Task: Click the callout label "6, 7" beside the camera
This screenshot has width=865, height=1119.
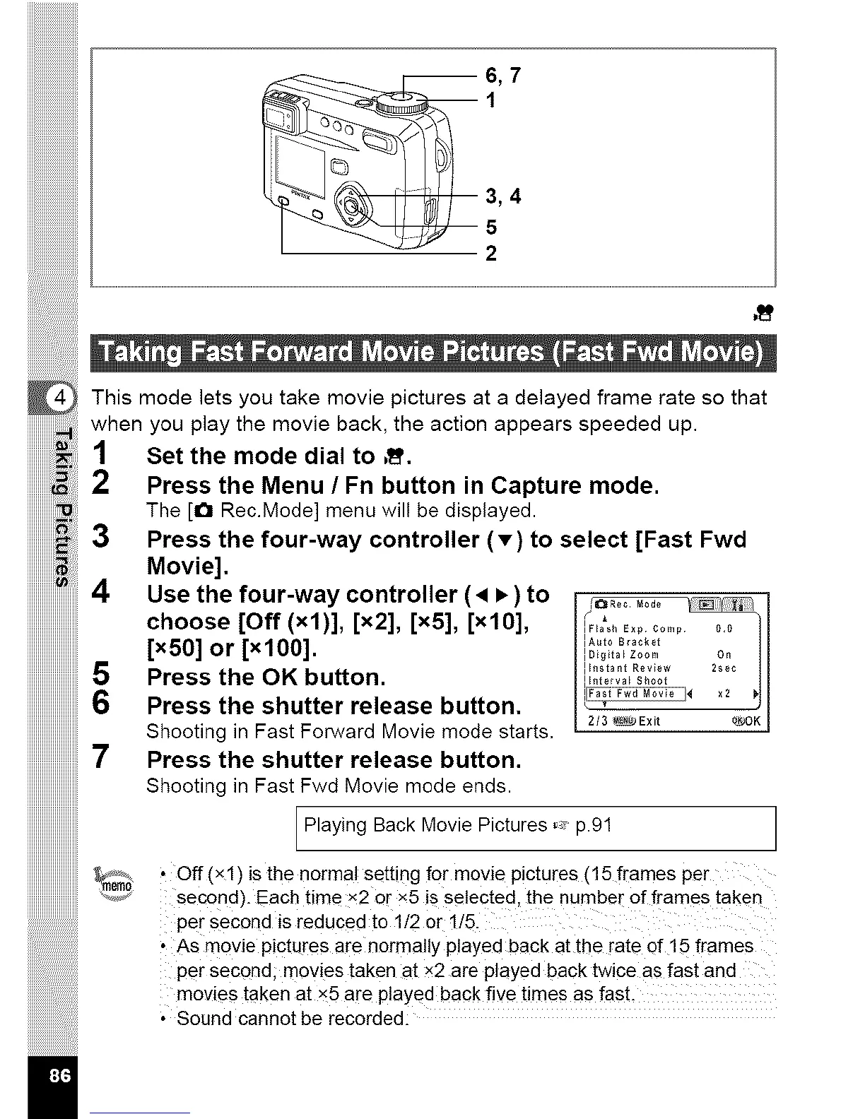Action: click(502, 75)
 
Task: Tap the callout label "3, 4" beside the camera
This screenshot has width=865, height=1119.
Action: click(503, 196)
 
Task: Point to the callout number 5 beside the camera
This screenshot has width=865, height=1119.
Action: click(491, 227)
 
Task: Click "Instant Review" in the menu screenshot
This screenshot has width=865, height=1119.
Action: click(630, 668)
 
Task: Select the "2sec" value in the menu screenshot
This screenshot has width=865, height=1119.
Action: click(724, 668)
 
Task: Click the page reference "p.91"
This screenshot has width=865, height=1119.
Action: click(594, 825)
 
